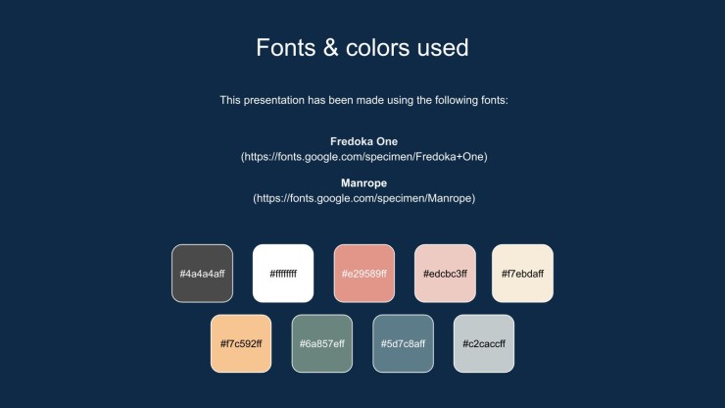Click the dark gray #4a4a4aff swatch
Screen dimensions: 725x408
(x=202, y=274)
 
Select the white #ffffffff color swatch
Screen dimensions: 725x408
(x=283, y=274)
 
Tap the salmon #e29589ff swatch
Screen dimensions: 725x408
(x=364, y=274)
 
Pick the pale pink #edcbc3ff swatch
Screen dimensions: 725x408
(x=445, y=274)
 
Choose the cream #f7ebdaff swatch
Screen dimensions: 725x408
(x=522, y=274)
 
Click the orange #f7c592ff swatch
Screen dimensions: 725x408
(x=241, y=343)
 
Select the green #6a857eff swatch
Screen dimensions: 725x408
(x=321, y=343)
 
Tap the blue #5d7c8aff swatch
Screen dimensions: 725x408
(x=404, y=343)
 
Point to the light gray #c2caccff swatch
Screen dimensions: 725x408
(x=484, y=343)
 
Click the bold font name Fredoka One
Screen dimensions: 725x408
(x=363, y=141)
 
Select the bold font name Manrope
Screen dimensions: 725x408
(x=363, y=183)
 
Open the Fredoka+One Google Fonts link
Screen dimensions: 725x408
(x=363, y=157)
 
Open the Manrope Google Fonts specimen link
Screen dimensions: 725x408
(x=363, y=198)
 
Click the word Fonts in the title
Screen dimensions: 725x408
(x=286, y=48)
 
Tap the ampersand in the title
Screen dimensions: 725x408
(x=330, y=48)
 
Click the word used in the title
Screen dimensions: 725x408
(x=443, y=48)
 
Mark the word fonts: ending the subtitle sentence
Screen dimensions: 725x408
(x=495, y=100)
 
